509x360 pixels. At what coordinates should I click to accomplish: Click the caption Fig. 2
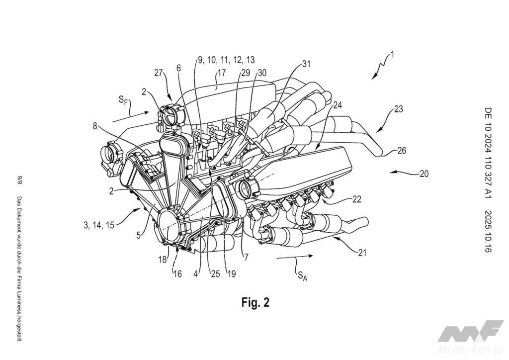coord(255,302)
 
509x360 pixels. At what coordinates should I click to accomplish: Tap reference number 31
coord(306,64)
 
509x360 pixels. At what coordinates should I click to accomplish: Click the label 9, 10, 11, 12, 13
coord(226,60)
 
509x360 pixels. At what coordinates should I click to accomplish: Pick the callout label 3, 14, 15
coord(99,225)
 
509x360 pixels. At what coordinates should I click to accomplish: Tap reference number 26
coord(402,151)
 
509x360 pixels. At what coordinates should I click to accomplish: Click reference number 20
coord(424,174)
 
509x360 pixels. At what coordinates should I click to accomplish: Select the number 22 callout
coord(356,199)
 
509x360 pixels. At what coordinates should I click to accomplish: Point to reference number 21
coord(362,252)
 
